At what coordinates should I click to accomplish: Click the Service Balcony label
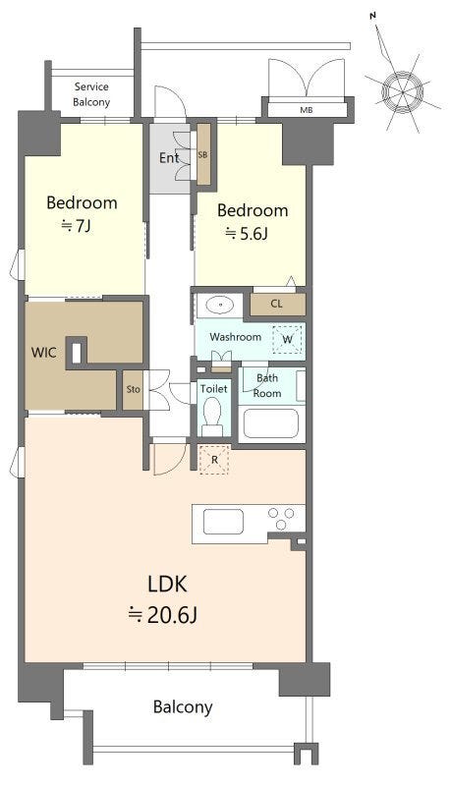tap(91, 94)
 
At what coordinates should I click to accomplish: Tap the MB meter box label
tap(307, 110)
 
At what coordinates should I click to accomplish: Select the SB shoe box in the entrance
tap(203, 154)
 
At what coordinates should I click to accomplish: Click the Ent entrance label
tap(169, 158)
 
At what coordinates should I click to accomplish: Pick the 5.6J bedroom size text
tap(246, 233)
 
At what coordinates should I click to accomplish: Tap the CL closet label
tap(276, 304)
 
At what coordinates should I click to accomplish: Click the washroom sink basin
tap(219, 305)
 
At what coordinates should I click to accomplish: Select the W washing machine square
tap(287, 339)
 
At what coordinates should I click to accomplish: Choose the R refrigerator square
tap(214, 459)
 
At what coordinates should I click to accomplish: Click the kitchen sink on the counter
tap(223, 522)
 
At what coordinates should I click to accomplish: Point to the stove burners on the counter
tap(282, 519)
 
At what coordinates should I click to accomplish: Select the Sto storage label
tap(133, 389)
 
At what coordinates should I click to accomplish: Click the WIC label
tap(43, 353)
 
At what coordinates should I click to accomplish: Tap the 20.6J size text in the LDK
tap(163, 615)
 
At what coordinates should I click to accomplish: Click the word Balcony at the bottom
tap(183, 707)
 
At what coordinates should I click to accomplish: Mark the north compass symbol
tap(402, 90)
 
